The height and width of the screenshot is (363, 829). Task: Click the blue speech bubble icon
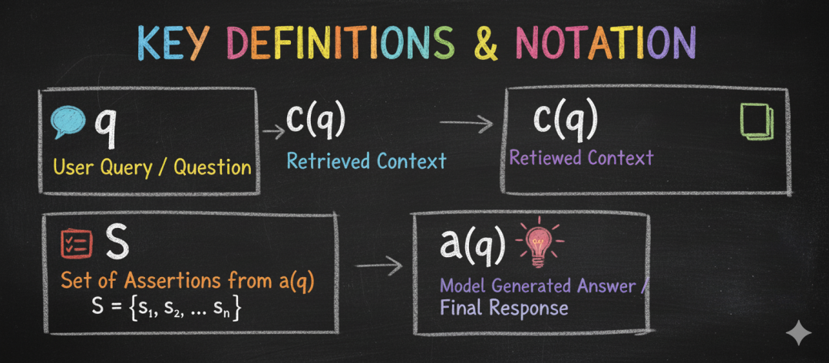coord(69,123)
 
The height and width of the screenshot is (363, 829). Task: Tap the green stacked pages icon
coord(756,122)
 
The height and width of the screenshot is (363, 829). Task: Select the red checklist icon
coord(76,243)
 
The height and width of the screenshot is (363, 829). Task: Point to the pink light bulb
coord(540,243)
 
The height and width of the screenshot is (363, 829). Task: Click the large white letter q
coord(110,125)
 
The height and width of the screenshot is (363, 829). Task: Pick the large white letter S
coord(117,242)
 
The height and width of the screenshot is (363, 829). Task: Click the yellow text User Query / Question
coord(153,166)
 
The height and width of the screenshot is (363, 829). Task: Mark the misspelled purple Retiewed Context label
coord(581,158)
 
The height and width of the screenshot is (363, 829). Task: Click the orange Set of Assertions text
coord(187,282)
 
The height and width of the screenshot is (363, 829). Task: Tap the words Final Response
coord(504,309)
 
